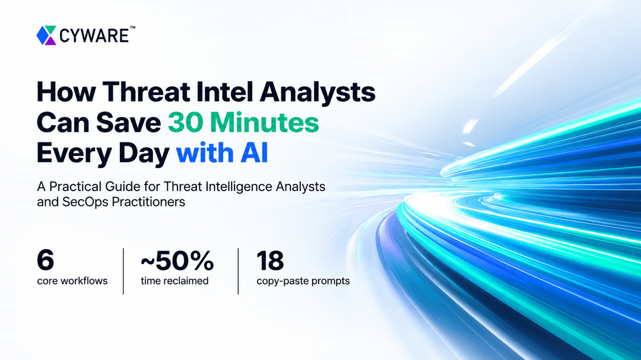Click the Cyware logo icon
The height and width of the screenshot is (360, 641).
coord(46,35)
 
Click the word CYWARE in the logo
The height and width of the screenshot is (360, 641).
coord(94,36)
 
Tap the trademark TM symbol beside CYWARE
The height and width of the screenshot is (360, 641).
coord(132,28)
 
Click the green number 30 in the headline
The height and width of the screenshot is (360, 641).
coord(186,122)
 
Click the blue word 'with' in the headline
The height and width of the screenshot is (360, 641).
coord(205,153)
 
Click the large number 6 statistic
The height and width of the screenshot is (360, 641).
coord(45,260)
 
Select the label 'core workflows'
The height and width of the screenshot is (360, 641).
coord(72,281)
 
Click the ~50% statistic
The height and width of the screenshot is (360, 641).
coord(177,260)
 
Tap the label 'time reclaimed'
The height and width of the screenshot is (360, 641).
coord(174,281)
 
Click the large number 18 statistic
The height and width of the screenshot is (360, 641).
coord(270,260)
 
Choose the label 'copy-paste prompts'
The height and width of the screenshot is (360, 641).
coord(303,281)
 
